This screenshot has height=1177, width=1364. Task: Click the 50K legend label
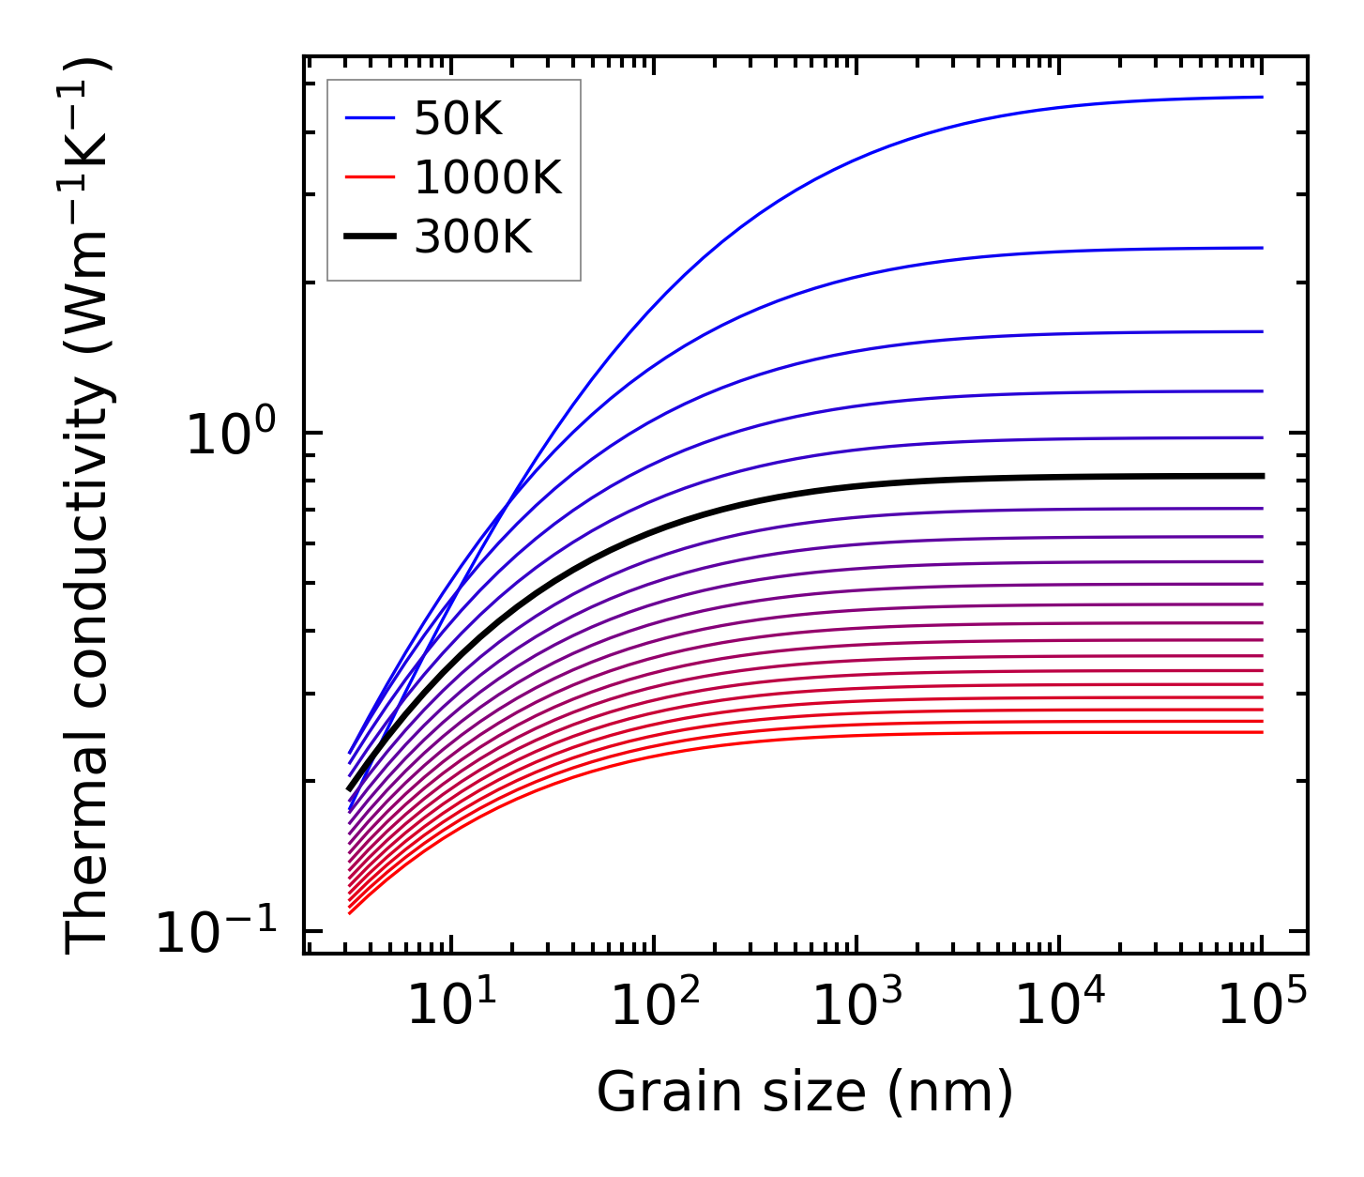point(459,119)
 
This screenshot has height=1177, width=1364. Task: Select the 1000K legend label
point(488,178)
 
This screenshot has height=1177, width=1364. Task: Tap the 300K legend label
point(473,237)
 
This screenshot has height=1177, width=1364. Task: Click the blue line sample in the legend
point(371,119)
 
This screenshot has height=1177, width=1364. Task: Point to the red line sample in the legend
point(371,178)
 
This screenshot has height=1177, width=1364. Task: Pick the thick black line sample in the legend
point(371,237)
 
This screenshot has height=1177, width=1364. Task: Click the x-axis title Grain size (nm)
point(805,1093)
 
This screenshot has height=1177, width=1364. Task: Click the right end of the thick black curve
point(1262,476)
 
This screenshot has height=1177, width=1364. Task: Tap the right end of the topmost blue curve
point(1262,97)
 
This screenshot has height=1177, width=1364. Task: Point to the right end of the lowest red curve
point(1262,732)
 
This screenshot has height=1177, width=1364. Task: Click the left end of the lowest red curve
point(350,913)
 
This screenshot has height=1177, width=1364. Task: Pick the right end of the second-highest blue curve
point(1262,248)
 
